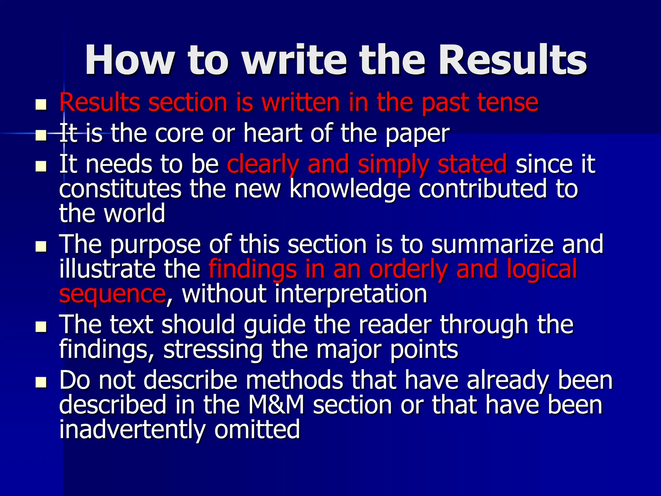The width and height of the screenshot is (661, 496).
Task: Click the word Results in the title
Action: pyautogui.click(x=512, y=60)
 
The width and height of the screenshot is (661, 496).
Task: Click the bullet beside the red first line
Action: pyautogui.click(x=41, y=105)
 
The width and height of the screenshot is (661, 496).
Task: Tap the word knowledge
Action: pyautogui.click(x=350, y=190)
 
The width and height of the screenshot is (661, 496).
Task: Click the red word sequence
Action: pyautogui.click(x=112, y=294)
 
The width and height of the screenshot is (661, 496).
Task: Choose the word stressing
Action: pyautogui.click(x=213, y=350)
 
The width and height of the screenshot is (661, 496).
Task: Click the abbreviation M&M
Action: pyautogui.click(x=276, y=405)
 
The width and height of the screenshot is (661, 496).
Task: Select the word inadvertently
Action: pyautogui.click(x=132, y=430)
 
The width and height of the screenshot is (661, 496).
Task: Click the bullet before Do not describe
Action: pyautogui.click(x=41, y=383)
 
